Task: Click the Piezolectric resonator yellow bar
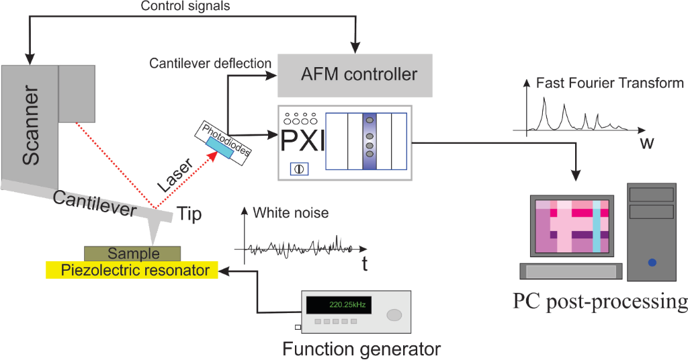click(x=131, y=270)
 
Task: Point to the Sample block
click(x=132, y=253)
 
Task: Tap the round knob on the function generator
click(x=394, y=314)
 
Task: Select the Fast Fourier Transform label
click(x=609, y=84)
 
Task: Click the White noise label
click(x=291, y=213)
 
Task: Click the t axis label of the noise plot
click(x=365, y=264)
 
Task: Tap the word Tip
click(x=189, y=214)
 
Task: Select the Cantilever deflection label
click(x=210, y=63)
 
